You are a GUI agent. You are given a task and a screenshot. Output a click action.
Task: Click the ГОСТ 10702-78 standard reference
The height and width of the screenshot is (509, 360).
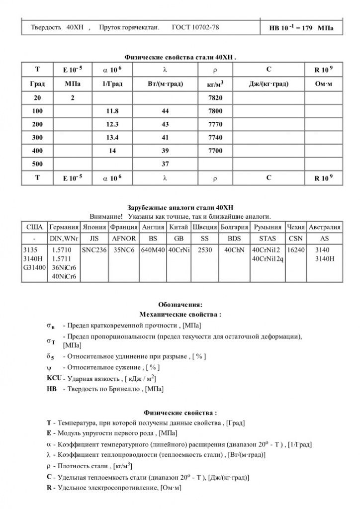pos(195,27)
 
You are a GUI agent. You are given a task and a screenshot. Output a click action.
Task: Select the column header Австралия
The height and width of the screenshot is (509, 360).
pos(325,228)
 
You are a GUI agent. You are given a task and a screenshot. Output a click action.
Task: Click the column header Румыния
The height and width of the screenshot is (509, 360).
pos(268,228)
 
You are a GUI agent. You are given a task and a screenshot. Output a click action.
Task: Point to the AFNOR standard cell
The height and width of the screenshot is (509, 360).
pos(124,239)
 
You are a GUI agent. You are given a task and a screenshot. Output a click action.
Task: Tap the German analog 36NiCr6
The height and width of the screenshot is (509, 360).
pos(62,268)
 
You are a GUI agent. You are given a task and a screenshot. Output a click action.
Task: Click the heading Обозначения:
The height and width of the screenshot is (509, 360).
pos(180,305)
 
